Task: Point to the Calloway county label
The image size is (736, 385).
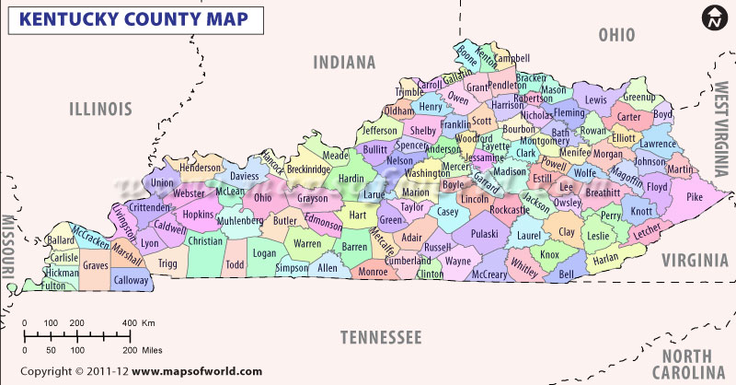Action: [x=131, y=280]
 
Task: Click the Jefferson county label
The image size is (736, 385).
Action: [x=378, y=131]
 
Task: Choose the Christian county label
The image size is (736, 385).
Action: [x=205, y=241]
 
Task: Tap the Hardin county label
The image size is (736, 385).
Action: [x=351, y=178]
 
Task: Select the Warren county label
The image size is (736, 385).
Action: [x=307, y=244]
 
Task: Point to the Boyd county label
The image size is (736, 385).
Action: [x=662, y=115]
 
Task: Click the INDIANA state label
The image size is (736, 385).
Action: [x=344, y=63]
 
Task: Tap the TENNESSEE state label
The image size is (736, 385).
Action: [x=380, y=337]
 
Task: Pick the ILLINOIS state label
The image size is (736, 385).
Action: [x=101, y=109]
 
